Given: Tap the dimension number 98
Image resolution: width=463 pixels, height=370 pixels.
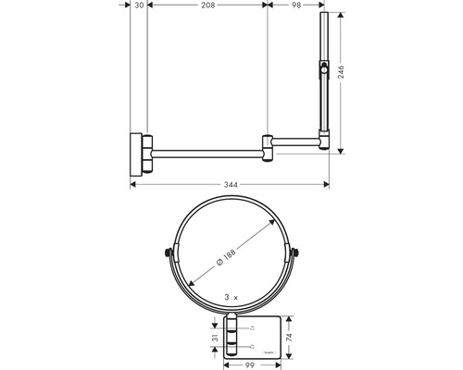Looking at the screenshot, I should point(296,5).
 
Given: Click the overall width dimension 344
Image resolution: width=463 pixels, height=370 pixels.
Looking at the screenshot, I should point(231,185).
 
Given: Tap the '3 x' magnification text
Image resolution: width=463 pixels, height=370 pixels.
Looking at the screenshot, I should point(231,297).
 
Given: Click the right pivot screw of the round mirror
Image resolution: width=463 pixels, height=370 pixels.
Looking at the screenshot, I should point(295,253).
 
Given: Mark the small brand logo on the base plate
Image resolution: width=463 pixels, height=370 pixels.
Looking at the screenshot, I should point(269,352).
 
